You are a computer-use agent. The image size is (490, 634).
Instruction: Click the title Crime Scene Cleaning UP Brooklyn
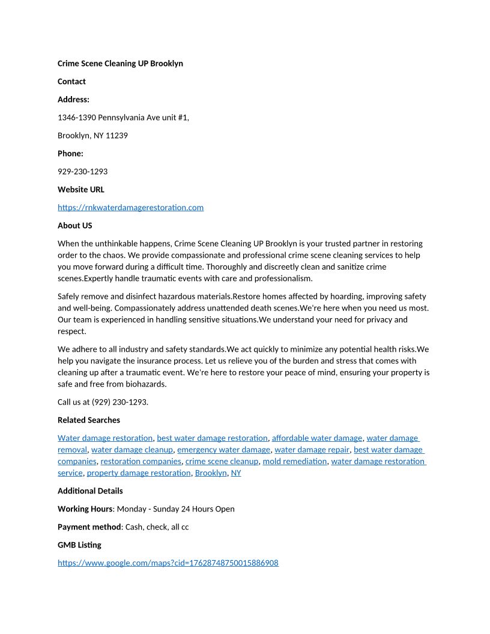coord(120,64)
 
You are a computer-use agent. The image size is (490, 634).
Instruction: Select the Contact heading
coord(71,82)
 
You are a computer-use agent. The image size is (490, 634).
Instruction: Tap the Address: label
coord(73,100)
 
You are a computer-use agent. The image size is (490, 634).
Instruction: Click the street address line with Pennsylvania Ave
coord(123,118)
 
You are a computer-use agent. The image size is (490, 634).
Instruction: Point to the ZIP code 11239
coord(116,136)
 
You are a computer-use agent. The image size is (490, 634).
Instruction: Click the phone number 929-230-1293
coord(82,172)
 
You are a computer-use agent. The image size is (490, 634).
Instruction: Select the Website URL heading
coord(80,190)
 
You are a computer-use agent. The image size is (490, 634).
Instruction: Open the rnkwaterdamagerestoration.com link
coord(130,208)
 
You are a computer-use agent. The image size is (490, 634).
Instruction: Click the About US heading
coord(74,226)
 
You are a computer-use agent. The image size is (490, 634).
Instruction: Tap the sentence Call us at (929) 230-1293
coord(103,402)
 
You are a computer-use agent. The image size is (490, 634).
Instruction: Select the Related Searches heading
coord(88,420)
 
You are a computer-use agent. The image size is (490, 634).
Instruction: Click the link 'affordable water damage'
coord(317,438)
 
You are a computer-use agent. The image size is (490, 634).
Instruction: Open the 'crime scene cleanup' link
coord(222,462)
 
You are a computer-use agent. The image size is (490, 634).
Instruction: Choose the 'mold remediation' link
coord(294,462)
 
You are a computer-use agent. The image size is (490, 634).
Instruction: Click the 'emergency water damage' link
coord(223,450)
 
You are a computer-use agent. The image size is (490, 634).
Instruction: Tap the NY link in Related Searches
coord(236,473)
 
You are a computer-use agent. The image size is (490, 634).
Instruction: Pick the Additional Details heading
coord(90,491)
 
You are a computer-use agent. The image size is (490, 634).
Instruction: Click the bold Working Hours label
coord(85,509)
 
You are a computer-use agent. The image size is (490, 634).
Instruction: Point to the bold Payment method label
coord(89,527)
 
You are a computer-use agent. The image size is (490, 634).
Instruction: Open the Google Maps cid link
coord(168,563)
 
